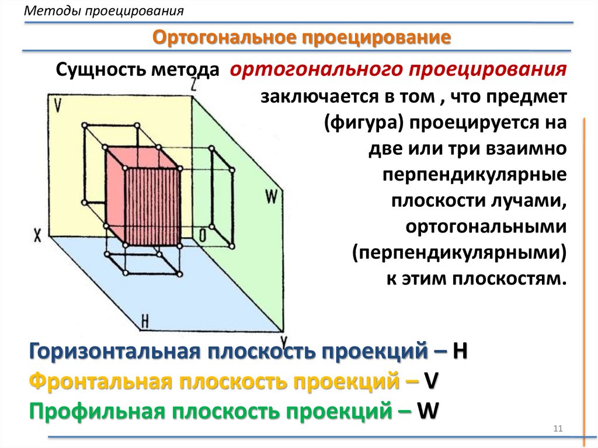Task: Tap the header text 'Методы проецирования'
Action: (x=103, y=11)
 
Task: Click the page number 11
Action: (x=557, y=430)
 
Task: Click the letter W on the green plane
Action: (x=270, y=197)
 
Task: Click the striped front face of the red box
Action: (x=152, y=207)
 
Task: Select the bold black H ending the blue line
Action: (x=460, y=352)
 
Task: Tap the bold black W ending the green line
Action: (x=428, y=411)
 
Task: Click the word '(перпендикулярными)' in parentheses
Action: (x=460, y=252)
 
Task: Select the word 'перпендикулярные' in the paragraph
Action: (x=474, y=175)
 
